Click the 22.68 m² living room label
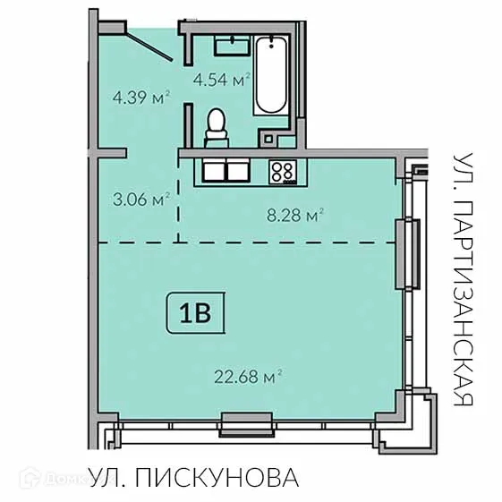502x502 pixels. point(248,377)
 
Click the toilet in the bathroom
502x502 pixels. point(217,127)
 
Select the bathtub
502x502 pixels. point(270,76)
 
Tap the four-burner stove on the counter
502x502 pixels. point(283,169)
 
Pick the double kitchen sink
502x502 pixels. point(225,169)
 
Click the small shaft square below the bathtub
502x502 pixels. point(268,137)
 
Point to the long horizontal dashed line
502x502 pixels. point(246,242)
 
